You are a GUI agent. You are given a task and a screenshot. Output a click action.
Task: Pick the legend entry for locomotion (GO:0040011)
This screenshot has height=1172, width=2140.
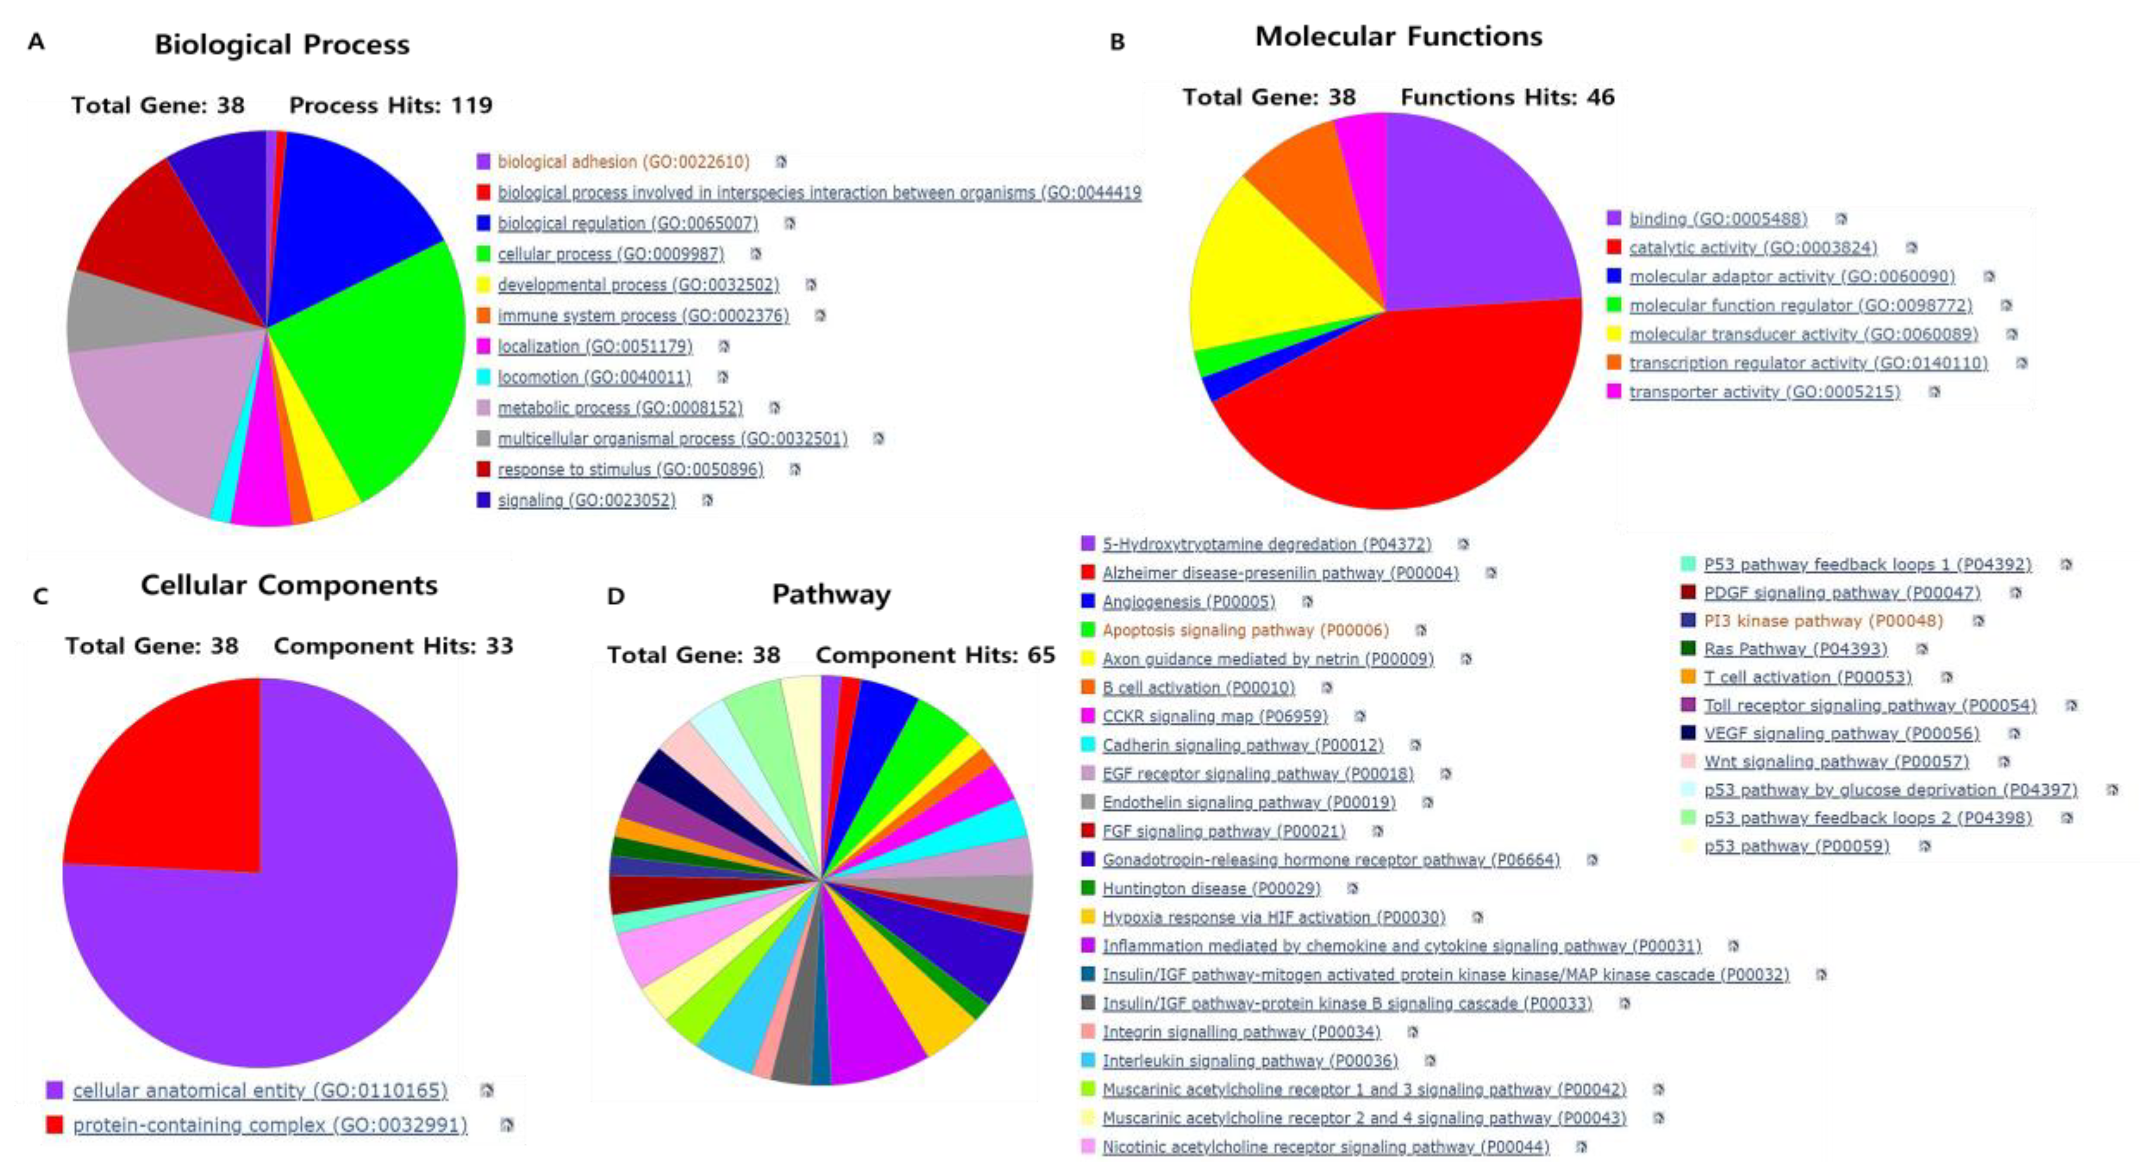point(594,377)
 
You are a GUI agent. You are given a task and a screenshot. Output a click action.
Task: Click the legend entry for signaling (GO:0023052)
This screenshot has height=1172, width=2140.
point(587,500)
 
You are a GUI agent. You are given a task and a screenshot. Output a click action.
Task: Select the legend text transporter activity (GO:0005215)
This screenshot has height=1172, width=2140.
point(1764,392)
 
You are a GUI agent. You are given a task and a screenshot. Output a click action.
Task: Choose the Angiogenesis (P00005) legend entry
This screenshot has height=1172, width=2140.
point(1188,602)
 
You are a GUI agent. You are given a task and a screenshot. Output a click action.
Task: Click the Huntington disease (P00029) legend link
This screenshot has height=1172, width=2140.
point(1210,889)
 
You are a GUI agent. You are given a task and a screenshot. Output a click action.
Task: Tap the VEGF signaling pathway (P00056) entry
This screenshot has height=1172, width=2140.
point(1841,734)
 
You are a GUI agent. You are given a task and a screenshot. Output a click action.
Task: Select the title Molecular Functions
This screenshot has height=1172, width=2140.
point(1398,37)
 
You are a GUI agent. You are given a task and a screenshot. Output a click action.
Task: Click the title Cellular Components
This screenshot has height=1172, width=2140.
point(288,585)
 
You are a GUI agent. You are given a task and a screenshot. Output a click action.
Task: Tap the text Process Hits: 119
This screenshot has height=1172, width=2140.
point(391,106)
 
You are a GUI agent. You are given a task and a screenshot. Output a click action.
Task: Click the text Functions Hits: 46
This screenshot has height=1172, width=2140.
point(1507,97)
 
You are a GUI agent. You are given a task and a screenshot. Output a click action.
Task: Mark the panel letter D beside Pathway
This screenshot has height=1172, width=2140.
point(616,596)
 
